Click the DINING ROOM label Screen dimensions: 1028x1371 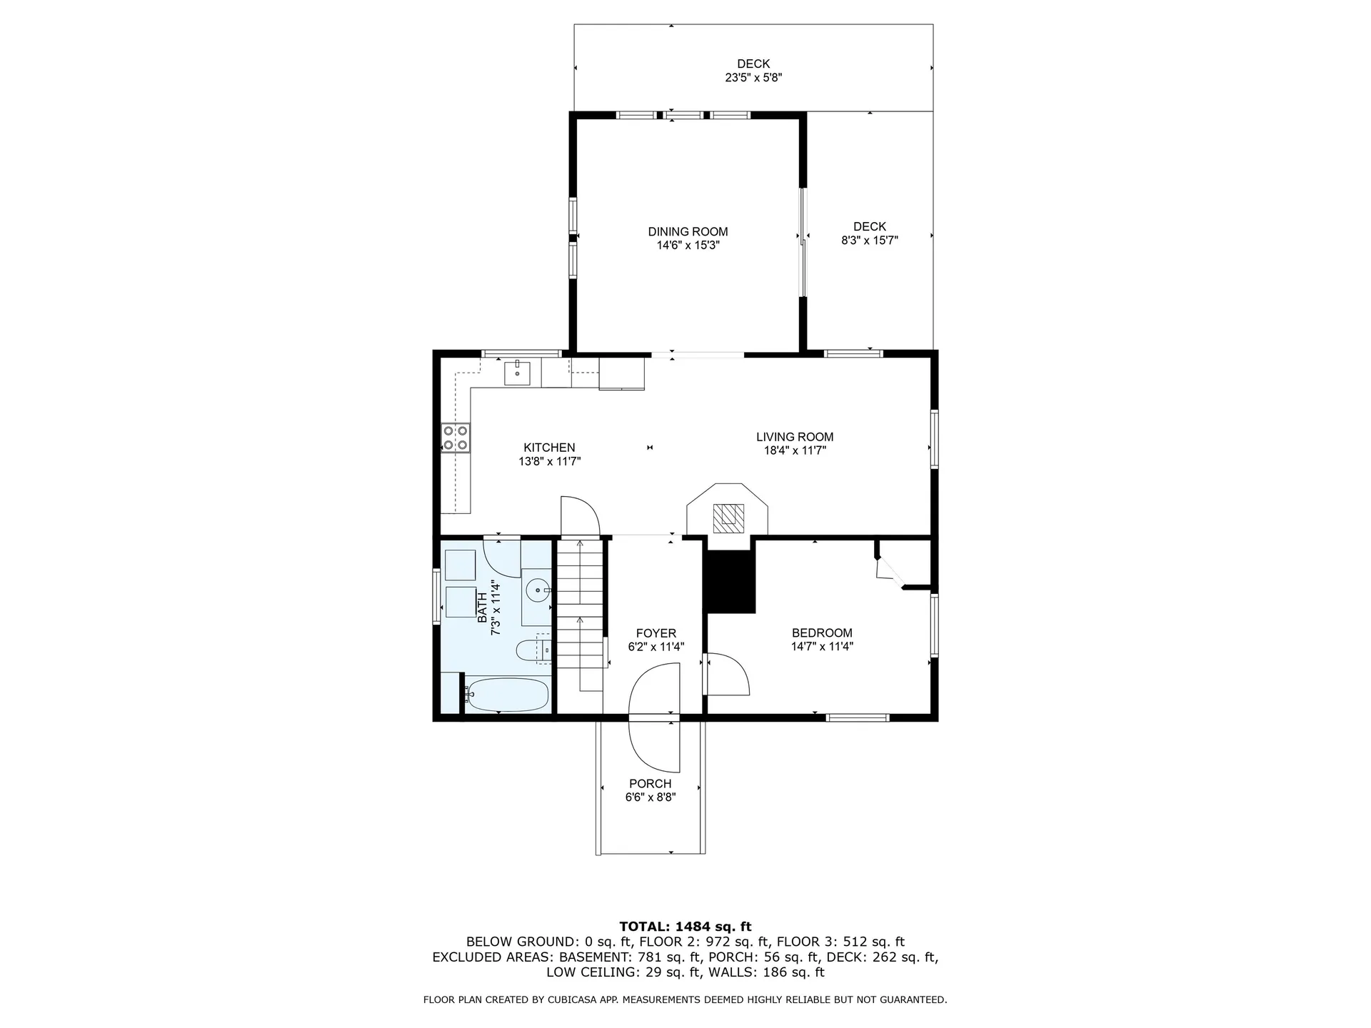(x=688, y=231)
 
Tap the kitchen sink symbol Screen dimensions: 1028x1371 (x=517, y=373)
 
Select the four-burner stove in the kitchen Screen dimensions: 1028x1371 (x=456, y=438)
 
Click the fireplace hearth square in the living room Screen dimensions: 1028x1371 (x=728, y=518)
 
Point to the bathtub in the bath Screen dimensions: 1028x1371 (x=506, y=695)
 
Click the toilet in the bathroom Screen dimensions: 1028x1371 (x=531, y=650)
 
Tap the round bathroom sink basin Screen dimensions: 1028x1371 (x=536, y=590)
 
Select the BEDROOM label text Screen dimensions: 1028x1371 (x=822, y=633)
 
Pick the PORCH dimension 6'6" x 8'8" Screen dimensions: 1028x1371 (x=651, y=797)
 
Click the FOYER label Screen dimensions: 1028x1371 (x=656, y=633)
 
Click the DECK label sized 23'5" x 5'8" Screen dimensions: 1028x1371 (x=753, y=64)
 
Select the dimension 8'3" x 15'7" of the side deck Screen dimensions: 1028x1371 (x=869, y=241)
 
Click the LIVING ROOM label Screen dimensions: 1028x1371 (x=795, y=437)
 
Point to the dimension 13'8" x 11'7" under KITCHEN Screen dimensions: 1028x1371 (x=549, y=462)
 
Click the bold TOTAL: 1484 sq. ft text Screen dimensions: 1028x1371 (x=685, y=927)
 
